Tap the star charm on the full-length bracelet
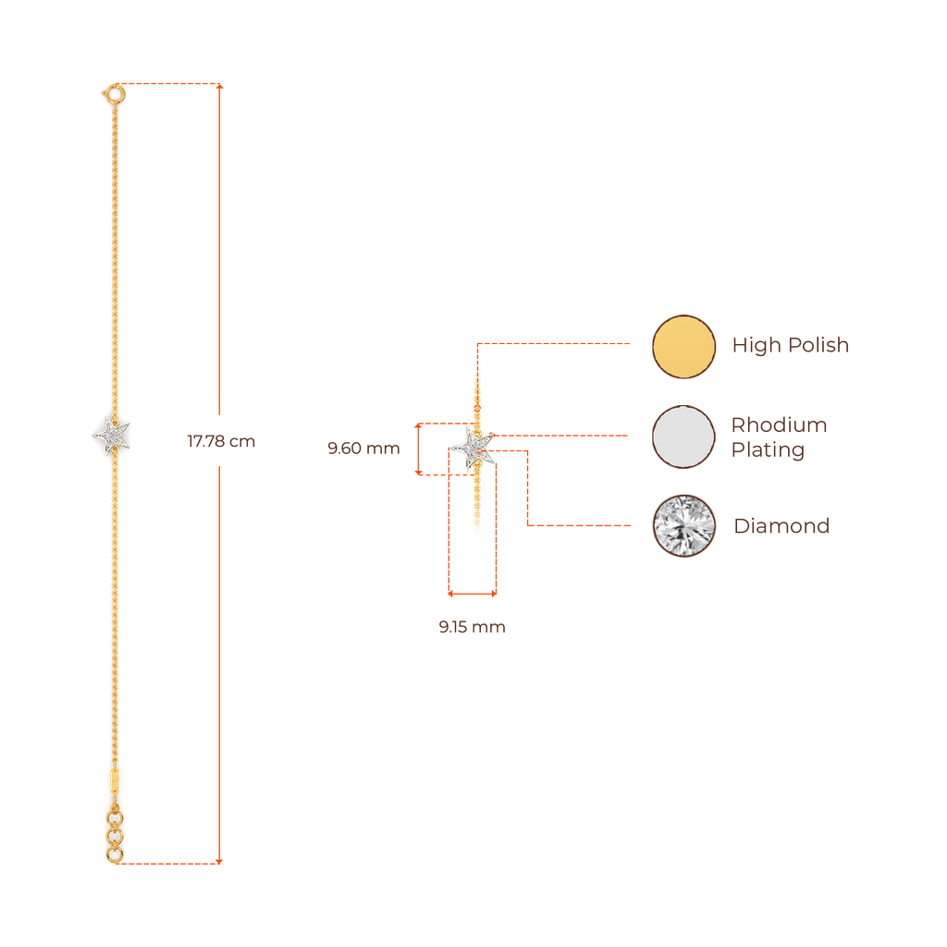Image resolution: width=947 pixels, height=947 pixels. [x=112, y=435]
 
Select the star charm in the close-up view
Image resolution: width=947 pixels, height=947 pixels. [x=473, y=448]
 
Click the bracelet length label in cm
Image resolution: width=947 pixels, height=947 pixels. [x=220, y=442]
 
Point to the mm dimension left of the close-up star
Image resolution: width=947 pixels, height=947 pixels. [x=363, y=449]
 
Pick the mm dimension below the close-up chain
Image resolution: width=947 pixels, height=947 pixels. [x=472, y=627]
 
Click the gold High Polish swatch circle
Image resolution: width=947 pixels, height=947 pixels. [x=683, y=346]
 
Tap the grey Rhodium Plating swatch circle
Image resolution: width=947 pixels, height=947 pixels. [x=683, y=436]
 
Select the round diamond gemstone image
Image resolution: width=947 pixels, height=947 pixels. [x=683, y=525]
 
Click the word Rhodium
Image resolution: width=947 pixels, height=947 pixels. [x=779, y=425]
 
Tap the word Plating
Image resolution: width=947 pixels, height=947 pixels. [x=767, y=450]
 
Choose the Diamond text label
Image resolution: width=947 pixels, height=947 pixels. [x=781, y=526]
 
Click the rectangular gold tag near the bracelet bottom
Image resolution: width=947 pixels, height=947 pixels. [x=114, y=780]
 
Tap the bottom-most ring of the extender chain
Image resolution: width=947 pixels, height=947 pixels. [x=114, y=854]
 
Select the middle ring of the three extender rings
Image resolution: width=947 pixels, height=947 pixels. [x=114, y=836]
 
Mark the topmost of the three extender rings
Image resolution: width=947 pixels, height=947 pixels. [x=114, y=818]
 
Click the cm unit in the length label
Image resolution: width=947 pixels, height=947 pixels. [x=243, y=442]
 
